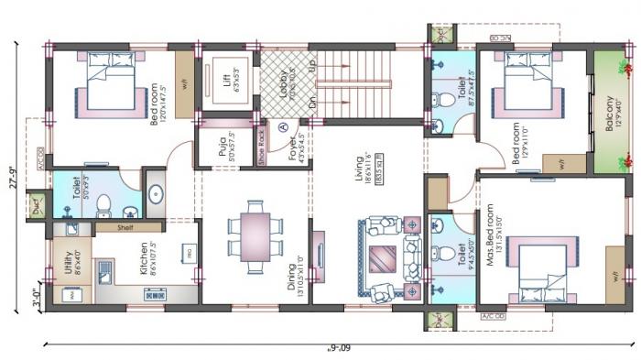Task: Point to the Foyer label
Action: point(282,146)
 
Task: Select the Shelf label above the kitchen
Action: point(125,227)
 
